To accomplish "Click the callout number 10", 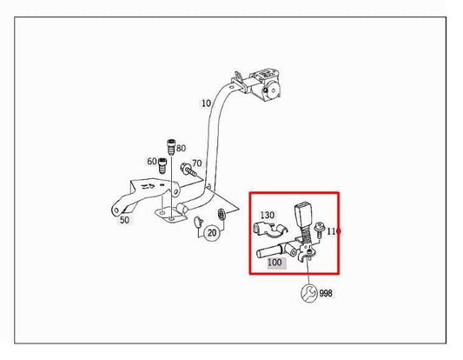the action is [207, 103].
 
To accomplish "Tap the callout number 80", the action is [181, 148].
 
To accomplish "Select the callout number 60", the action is [152, 162].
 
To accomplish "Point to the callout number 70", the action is [197, 163].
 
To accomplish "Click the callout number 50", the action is [124, 220].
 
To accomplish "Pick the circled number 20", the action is [212, 233].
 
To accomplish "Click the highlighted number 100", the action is [274, 262].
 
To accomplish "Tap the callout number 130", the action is [268, 215].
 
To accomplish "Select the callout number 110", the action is [334, 231].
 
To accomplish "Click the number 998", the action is [326, 293].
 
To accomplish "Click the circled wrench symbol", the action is [309, 293].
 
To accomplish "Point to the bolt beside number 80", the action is [171, 147].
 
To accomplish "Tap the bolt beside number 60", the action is [162, 166].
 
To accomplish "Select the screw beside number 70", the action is [189, 170].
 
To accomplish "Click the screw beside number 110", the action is [319, 230].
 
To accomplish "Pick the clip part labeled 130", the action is [270, 230].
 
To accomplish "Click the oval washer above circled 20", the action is [222, 214].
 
